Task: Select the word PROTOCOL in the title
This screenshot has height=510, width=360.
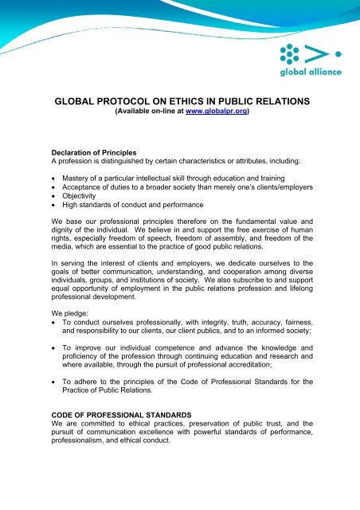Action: pyautogui.click(x=127, y=101)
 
